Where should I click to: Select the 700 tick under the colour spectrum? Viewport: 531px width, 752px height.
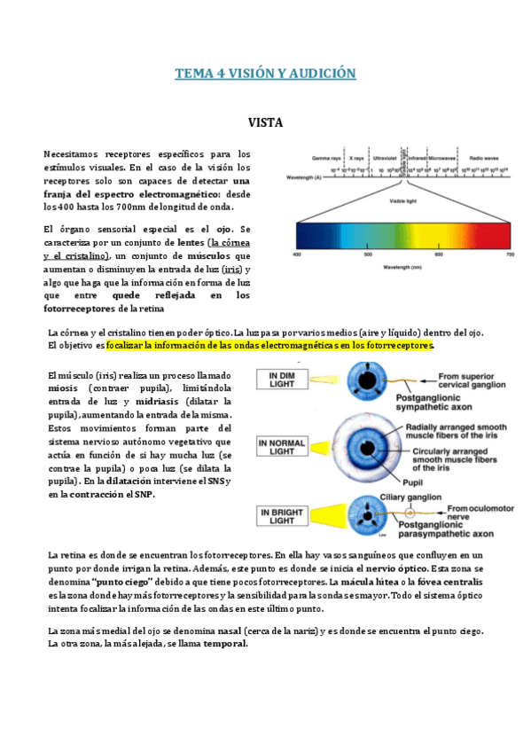(510, 255)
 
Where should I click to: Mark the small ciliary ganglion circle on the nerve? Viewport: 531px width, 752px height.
(410, 513)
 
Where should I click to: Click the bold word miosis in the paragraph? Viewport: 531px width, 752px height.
(64, 389)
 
